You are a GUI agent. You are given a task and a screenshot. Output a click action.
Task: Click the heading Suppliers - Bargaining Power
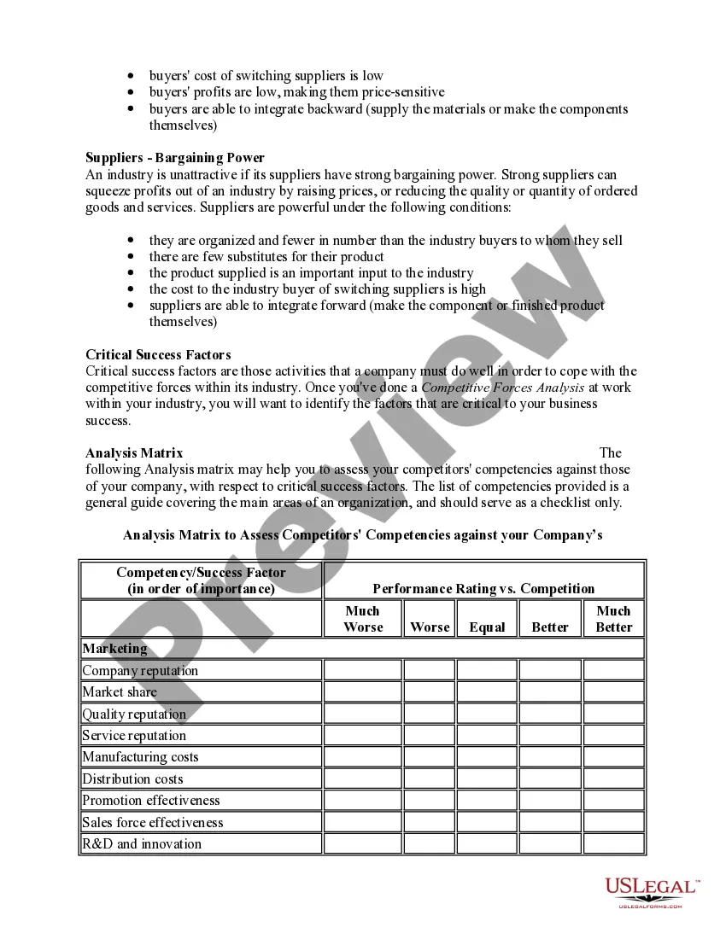click(175, 158)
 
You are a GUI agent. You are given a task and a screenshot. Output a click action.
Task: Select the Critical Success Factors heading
click(158, 354)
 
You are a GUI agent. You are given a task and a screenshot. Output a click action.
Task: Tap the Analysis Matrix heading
click(134, 453)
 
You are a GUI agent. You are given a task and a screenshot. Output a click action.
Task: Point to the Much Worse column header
click(362, 619)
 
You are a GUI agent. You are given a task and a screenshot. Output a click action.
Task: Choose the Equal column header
click(487, 627)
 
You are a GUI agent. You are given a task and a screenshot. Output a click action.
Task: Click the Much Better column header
click(613, 619)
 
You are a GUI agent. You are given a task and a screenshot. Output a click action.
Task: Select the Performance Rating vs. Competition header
click(483, 588)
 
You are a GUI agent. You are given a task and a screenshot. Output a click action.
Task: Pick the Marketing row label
click(115, 649)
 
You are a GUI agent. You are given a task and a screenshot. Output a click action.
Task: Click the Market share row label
click(120, 692)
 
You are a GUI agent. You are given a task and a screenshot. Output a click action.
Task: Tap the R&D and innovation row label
click(142, 844)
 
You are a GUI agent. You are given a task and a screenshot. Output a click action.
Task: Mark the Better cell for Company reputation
click(549, 670)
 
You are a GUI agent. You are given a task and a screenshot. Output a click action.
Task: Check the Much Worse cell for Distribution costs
click(362, 779)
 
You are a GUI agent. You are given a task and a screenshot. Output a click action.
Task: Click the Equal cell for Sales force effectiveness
click(487, 822)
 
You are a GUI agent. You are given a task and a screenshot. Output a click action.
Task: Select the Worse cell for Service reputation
click(429, 735)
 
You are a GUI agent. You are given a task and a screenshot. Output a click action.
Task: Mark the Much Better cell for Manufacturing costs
click(613, 757)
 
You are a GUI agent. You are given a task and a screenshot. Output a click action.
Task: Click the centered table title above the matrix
click(363, 535)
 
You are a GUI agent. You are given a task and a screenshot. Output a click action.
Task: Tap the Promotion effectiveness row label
click(151, 801)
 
